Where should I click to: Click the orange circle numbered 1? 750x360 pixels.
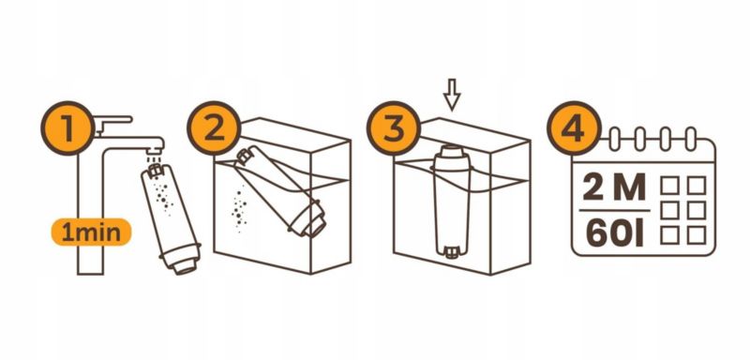point(67,127)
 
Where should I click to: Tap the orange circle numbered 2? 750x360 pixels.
point(214,127)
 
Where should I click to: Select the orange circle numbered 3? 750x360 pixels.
point(394,127)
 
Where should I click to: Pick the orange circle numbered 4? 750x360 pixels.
point(574,127)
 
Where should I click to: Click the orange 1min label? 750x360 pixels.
point(91,232)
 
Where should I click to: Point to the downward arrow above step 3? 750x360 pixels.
point(452,95)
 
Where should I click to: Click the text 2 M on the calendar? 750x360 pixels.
point(614,187)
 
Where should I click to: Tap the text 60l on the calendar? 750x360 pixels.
point(614,233)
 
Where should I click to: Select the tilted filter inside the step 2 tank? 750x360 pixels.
point(281,192)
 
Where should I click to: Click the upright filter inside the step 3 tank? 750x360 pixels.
point(451,202)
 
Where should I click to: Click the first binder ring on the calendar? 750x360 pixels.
point(615,139)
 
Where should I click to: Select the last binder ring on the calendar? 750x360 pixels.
point(690,139)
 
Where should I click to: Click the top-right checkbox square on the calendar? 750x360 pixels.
point(696,185)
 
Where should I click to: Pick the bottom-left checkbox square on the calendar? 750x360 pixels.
point(669,234)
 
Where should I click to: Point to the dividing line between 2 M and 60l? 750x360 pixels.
point(614,210)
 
